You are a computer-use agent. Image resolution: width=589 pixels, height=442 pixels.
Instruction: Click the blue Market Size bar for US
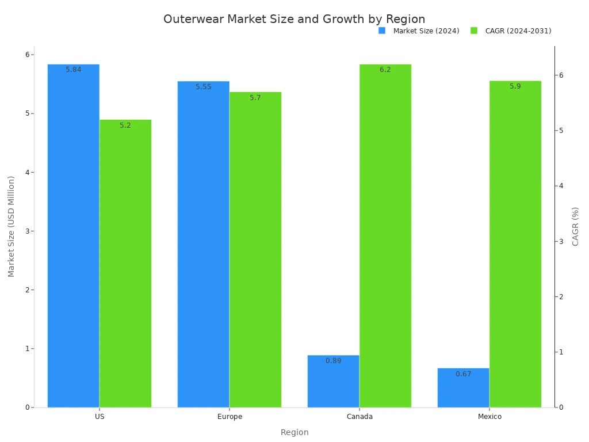(73, 236)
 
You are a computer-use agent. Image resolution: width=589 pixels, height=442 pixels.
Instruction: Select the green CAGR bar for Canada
(385, 236)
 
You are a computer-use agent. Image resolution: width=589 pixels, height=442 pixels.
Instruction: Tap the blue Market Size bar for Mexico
(463, 388)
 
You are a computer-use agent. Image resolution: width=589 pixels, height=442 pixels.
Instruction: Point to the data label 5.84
(73, 70)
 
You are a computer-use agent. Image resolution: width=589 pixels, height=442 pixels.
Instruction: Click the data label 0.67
(463, 374)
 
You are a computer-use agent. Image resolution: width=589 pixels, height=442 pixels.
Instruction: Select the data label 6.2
(385, 70)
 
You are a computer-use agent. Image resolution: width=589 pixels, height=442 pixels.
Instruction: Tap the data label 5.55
(203, 87)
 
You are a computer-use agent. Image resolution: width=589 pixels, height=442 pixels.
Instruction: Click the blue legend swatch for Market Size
(382, 31)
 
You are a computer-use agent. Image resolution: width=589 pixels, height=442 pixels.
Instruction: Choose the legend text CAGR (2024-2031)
(518, 31)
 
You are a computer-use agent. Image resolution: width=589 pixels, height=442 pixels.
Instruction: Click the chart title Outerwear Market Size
(294, 19)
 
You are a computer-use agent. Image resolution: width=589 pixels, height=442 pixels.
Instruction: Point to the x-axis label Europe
(230, 417)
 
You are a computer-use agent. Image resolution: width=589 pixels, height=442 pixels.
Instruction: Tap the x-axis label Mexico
(489, 417)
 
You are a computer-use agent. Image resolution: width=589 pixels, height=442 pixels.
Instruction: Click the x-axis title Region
(294, 432)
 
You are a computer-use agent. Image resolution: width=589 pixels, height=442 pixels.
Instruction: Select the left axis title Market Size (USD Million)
(12, 226)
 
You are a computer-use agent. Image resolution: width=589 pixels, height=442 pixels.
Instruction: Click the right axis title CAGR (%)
(575, 226)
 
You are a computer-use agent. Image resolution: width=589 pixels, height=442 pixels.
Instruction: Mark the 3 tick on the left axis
(26, 231)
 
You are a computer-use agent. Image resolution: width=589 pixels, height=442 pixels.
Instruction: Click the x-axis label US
(100, 417)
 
